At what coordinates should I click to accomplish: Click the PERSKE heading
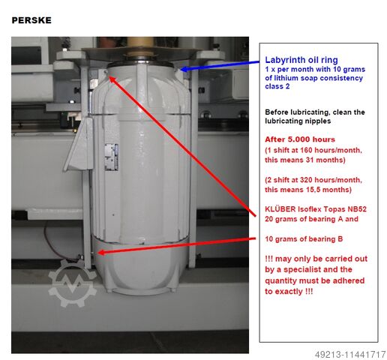(x=31, y=20)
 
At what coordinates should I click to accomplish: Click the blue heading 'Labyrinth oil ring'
(x=301, y=60)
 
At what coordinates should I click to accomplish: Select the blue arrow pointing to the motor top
(x=219, y=65)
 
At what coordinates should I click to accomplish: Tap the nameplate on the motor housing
(x=112, y=157)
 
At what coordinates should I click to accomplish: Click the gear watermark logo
(x=72, y=283)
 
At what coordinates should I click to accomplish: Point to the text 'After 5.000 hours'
(x=300, y=139)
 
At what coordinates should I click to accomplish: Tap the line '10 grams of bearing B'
(x=304, y=239)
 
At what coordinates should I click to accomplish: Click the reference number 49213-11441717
(x=350, y=355)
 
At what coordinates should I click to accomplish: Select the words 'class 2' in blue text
(x=277, y=86)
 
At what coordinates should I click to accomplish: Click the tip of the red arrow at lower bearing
(x=97, y=253)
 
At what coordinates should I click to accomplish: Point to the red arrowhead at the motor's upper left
(x=112, y=79)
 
